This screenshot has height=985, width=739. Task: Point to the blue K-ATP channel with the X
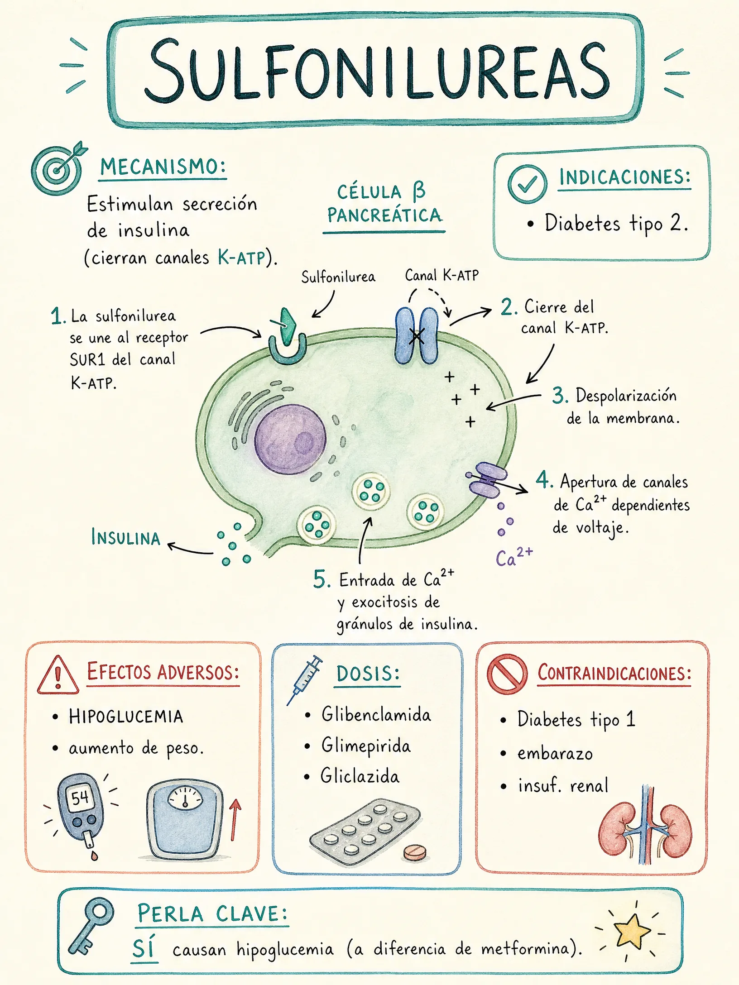417,335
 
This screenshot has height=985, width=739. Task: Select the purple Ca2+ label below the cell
514,557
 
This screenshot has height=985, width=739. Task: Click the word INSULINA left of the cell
125,537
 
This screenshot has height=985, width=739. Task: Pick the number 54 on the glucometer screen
80,798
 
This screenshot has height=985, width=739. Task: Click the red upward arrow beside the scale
235,819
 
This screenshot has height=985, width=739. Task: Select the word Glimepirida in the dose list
366,746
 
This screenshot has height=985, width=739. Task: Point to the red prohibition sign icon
507,674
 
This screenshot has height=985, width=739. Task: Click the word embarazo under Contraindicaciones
555,754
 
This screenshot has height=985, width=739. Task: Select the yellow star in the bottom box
631,931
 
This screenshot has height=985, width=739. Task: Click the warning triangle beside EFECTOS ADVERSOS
58,675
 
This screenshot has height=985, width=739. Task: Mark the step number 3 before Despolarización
560,396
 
